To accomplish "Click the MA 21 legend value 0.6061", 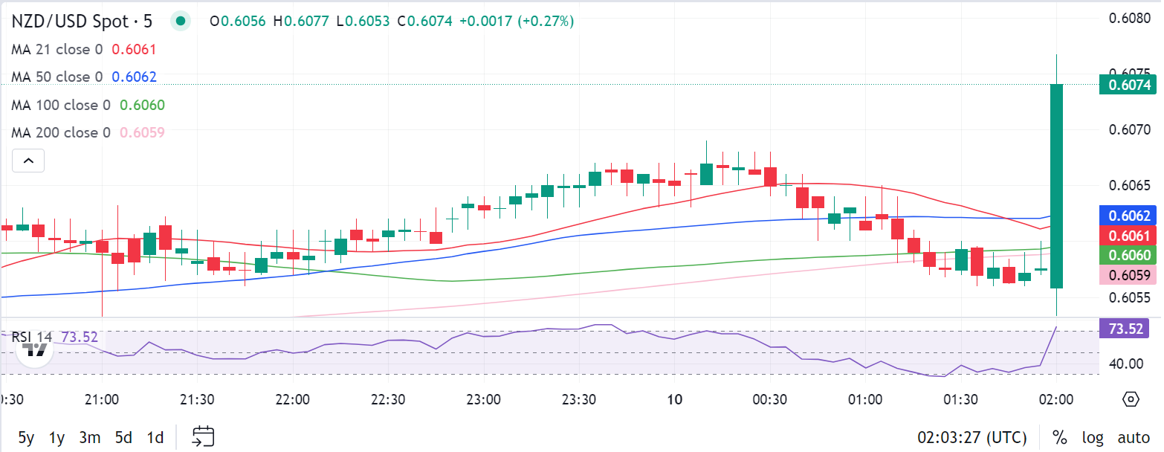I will pyautogui.click(x=133, y=50).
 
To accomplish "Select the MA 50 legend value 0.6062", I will pyautogui.click(x=134, y=77).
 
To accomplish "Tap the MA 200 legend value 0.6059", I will pyautogui.click(x=142, y=133).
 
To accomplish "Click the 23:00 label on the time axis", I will pyautogui.click(x=483, y=400).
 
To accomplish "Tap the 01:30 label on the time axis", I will pyautogui.click(x=960, y=400).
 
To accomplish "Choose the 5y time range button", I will pyautogui.click(x=26, y=437).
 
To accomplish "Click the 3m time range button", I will pyautogui.click(x=89, y=437).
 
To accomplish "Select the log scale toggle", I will pyautogui.click(x=1093, y=437).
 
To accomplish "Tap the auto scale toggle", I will pyautogui.click(x=1134, y=437).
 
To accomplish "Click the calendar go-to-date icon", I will pyautogui.click(x=203, y=436).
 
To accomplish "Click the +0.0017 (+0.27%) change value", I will pyautogui.click(x=517, y=22).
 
